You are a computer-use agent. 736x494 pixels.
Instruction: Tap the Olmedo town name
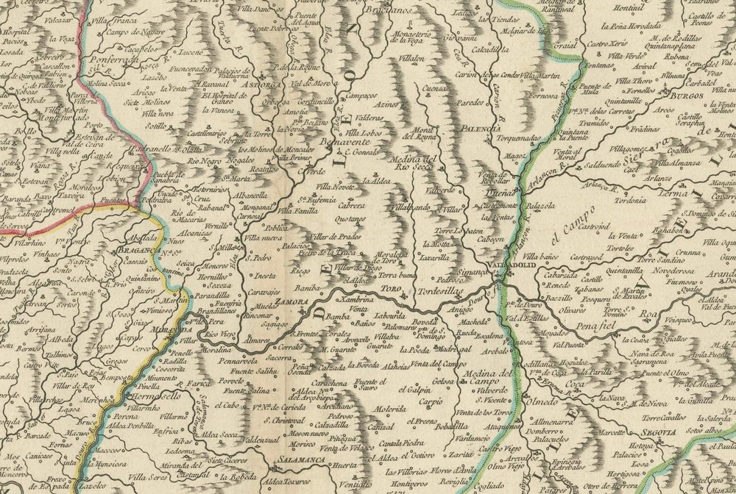point(542,401)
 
